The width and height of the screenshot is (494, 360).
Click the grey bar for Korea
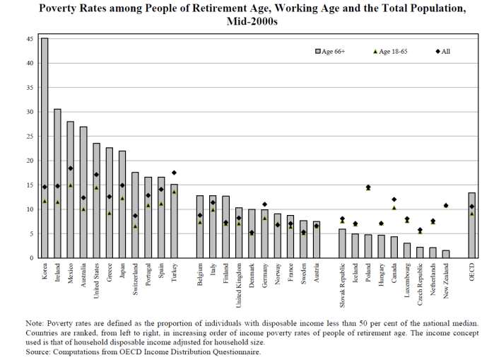(45, 149)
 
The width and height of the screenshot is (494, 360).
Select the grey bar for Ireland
(57, 184)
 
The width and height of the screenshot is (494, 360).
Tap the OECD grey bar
(471, 226)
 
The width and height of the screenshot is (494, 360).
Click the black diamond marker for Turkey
(174, 173)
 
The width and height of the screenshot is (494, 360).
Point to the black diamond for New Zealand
(446, 206)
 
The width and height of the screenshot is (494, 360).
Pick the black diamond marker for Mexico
(70, 168)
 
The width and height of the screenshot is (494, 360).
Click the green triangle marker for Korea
(45, 201)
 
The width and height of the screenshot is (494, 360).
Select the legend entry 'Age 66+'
(331, 52)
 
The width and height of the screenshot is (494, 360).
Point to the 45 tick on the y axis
(31, 39)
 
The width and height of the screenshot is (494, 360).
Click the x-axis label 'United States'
(97, 281)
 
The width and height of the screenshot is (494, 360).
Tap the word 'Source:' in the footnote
(38, 352)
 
